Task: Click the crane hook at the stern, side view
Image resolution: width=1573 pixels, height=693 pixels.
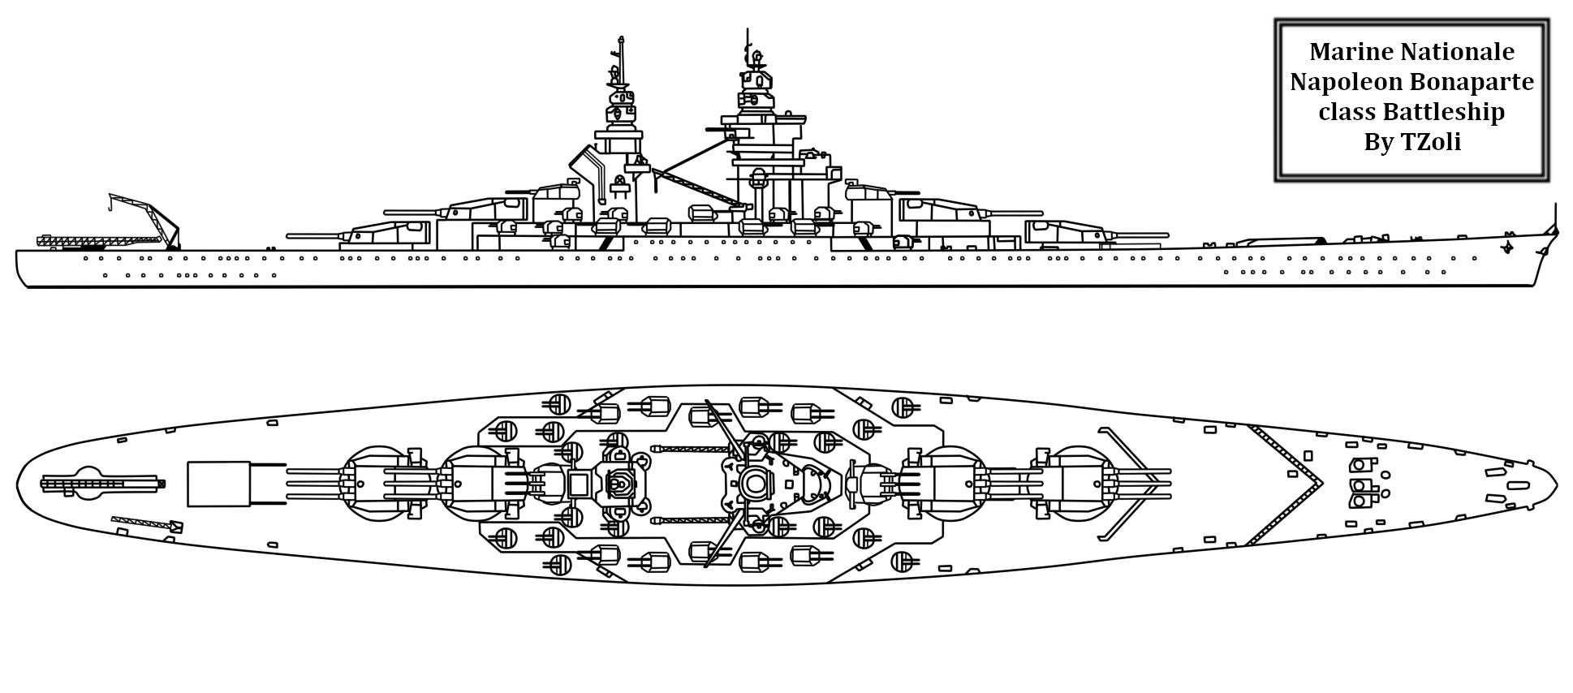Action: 110,210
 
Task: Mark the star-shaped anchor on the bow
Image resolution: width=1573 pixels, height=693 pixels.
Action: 1508,245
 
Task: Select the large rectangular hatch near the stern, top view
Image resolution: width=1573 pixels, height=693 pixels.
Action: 218,484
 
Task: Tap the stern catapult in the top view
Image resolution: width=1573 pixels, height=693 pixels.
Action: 101,484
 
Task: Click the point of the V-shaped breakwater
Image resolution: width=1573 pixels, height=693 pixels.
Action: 1321,484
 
